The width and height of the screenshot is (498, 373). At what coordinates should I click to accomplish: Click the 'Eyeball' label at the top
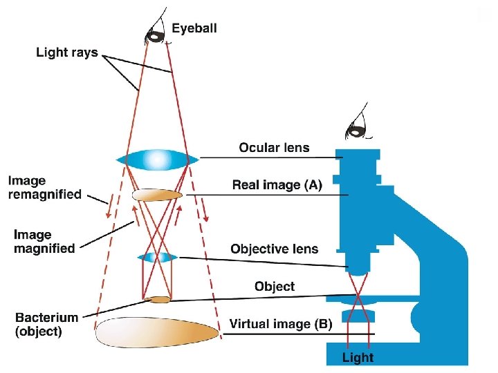click(x=194, y=28)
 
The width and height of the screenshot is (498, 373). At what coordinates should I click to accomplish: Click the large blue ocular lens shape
click(x=158, y=160)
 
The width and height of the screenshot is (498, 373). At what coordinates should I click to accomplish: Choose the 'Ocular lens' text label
click(x=274, y=147)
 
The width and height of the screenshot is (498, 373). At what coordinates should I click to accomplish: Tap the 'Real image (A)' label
click(x=277, y=184)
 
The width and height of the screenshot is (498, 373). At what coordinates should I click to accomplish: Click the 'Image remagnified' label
click(x=44, y=188)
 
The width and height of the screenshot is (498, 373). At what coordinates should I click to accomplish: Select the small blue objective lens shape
click(x=159, y=258)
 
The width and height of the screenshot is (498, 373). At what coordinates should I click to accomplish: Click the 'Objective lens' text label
click(x=274, y=249)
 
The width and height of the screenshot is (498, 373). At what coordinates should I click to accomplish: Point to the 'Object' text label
click(x=274, y=286)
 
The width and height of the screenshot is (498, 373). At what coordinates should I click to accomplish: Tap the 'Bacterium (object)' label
click(x=47, y=324)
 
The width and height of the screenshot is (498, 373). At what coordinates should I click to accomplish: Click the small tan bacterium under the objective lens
click(x=160, y=300)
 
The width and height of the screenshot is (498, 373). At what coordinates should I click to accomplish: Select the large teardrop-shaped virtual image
click(x=157, y=333)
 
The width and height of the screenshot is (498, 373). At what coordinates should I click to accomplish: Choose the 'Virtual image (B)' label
click(x=281, y=323)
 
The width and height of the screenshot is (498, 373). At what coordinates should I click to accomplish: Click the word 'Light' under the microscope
click(x=358, y=357)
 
